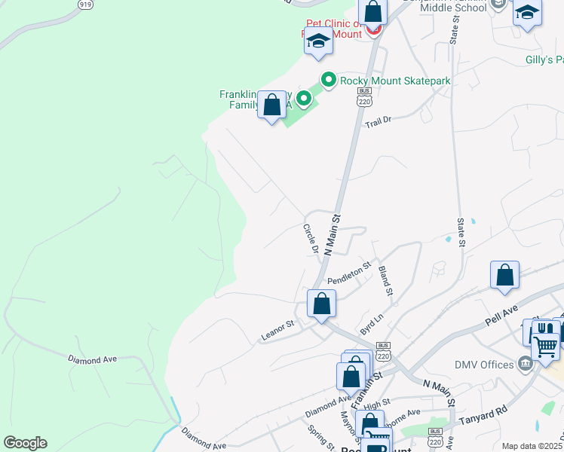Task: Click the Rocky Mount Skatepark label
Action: pos(395,80)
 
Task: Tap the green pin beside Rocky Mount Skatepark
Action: pos(329,79)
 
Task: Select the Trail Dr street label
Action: pos(379,121)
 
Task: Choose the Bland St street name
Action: pos(385,280)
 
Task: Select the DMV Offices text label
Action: pos(484,365)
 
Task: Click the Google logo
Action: pos(25,443)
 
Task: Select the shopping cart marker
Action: pos(544,347)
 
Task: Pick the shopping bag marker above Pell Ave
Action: pos(504,276)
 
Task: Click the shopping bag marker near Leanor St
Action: pos(321,304)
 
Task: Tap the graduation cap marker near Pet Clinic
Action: pos(318,42)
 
